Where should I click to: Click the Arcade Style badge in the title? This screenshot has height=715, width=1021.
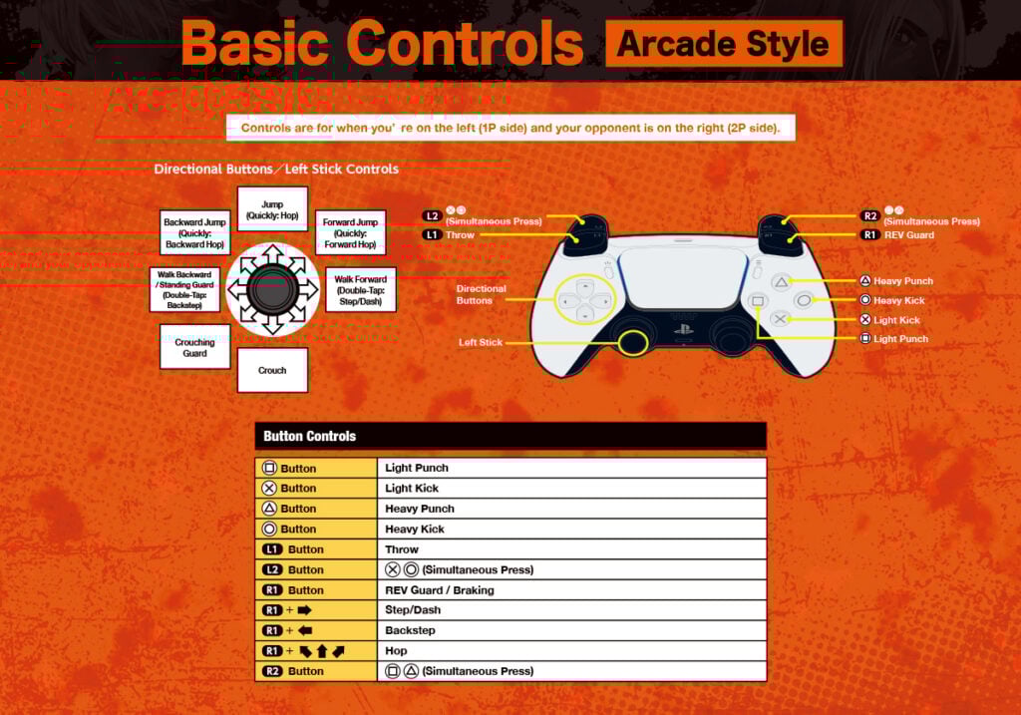[723, 44]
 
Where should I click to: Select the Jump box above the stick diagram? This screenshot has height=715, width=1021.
[272, 209]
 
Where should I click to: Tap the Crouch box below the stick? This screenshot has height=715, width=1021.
[272, 370]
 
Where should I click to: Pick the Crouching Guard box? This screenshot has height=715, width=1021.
[194, 347]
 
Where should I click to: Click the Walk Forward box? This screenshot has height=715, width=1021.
[361, 290]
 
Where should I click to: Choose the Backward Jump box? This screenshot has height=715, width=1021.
[195, 232]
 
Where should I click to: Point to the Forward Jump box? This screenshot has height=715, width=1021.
[350, 232]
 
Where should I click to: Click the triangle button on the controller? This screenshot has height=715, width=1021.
[782, 282]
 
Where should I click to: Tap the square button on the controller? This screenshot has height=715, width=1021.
[758, 300]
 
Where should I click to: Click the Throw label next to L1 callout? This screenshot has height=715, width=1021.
[461, 235]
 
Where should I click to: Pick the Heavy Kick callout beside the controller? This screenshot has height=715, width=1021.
[899, 300]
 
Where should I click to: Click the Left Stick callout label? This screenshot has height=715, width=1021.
[481, 342]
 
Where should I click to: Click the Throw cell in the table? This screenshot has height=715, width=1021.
[403, 549]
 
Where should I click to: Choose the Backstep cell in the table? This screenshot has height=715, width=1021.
[410, 630]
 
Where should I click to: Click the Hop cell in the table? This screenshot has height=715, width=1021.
[397, 651]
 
